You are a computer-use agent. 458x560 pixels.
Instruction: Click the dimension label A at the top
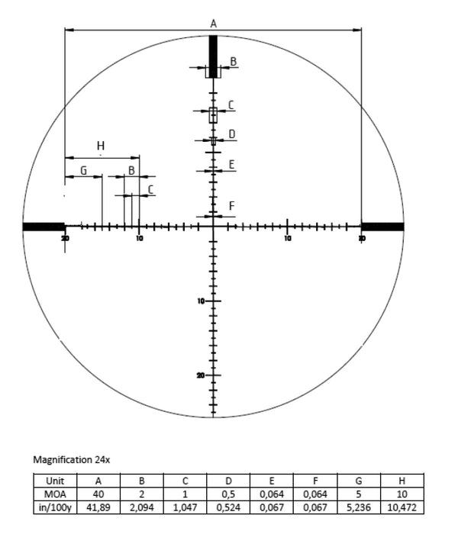213,24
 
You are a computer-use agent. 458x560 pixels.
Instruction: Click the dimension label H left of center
101,146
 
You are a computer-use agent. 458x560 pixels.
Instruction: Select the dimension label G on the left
83,170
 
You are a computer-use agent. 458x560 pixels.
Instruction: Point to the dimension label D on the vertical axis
231,134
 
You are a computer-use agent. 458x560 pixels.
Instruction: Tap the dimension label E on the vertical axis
231,164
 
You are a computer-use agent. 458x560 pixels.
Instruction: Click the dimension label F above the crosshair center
231,206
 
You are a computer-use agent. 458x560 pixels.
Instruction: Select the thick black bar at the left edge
44,227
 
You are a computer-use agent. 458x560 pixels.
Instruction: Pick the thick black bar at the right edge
382,227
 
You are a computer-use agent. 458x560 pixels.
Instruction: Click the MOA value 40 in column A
98,494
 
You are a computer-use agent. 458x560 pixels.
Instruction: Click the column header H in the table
402,481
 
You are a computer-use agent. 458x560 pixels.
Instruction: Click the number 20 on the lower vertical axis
200,376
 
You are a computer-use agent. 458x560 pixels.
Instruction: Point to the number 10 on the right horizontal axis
287,239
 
